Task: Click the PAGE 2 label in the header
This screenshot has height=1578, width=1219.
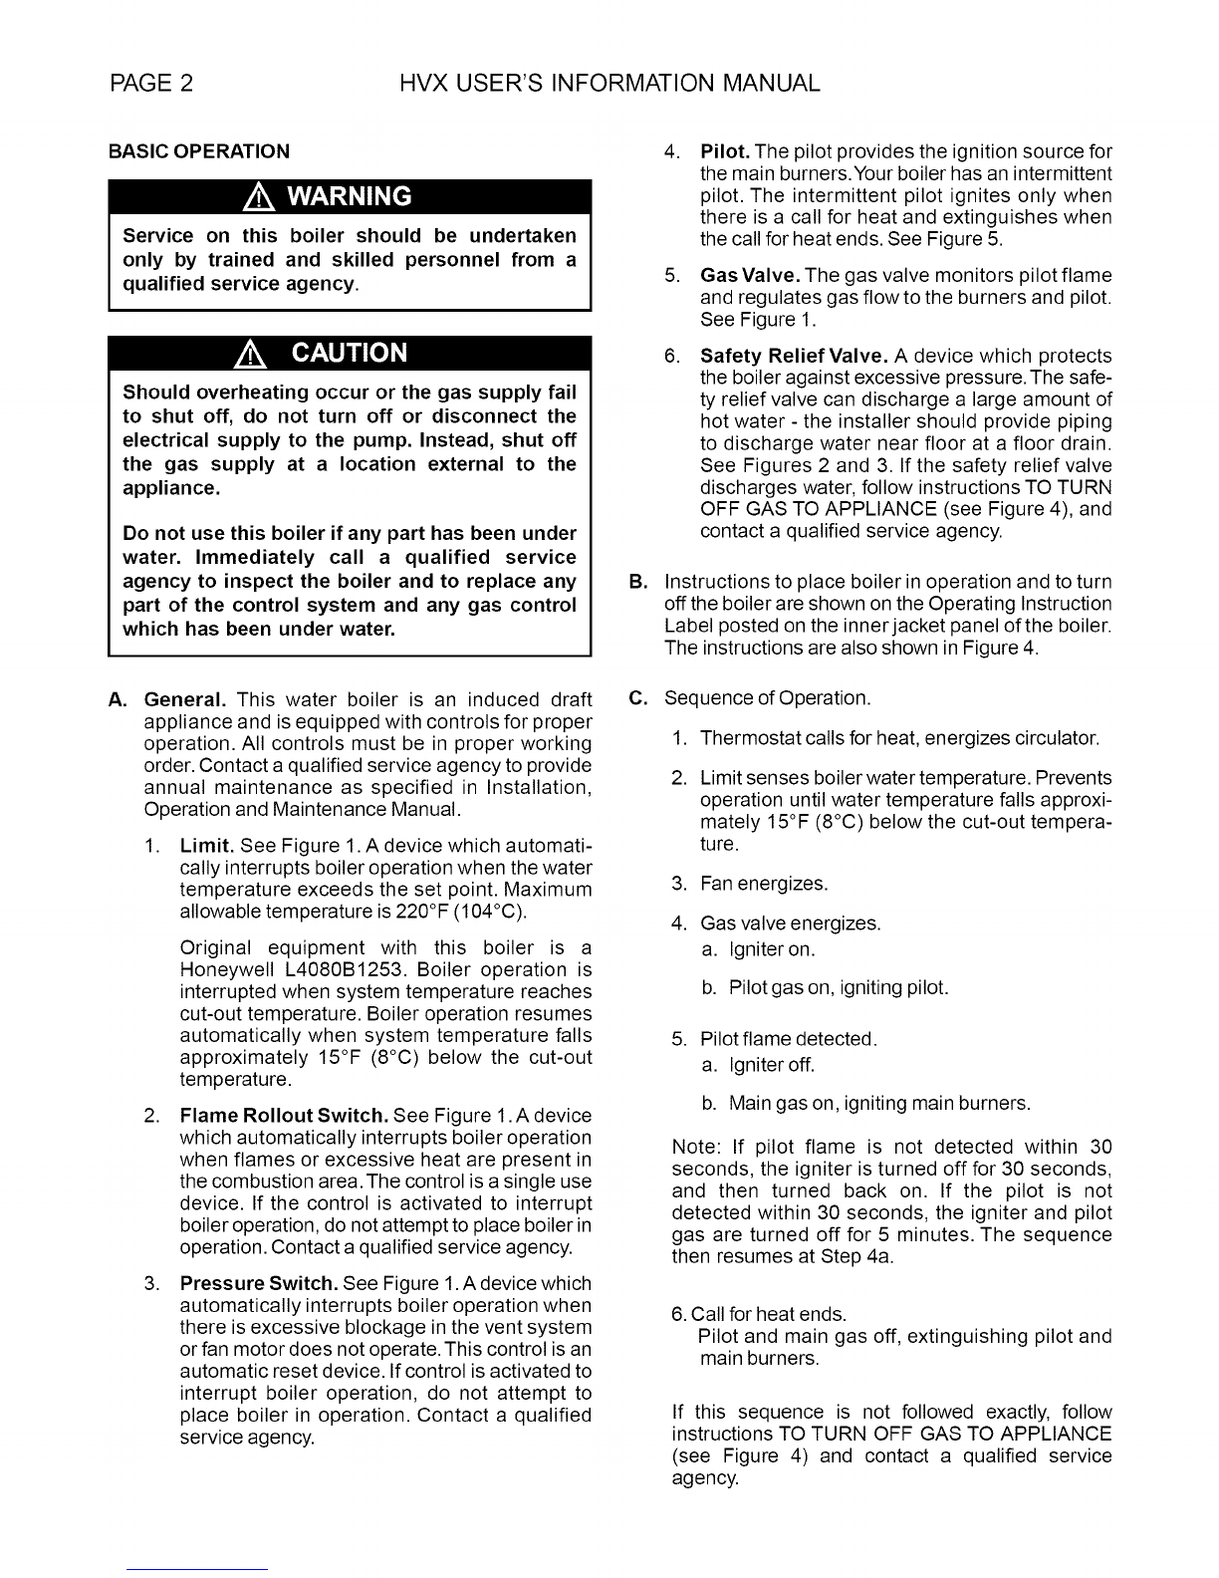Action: click(151, 84)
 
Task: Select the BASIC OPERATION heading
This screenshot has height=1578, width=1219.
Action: click(199, 151)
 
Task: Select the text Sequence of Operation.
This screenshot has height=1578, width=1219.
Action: click(767, 697)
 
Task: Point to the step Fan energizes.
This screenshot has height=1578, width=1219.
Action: click(764, 884)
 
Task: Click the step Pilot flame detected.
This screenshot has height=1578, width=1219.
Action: click(788, 1040)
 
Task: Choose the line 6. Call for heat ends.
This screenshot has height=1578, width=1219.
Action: click(759, 1315)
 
